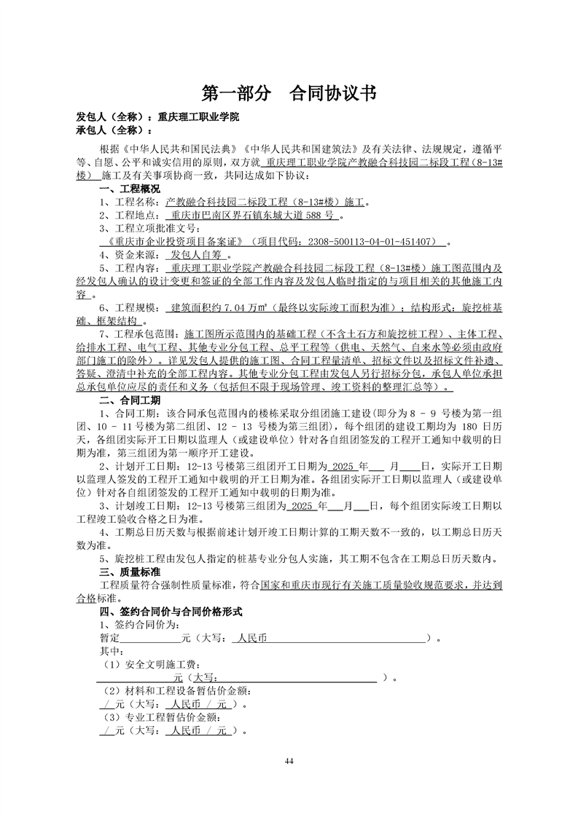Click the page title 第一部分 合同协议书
(x=289, y=93)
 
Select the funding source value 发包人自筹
(x=197, y=256)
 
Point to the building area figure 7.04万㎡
(x=204, y=307)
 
